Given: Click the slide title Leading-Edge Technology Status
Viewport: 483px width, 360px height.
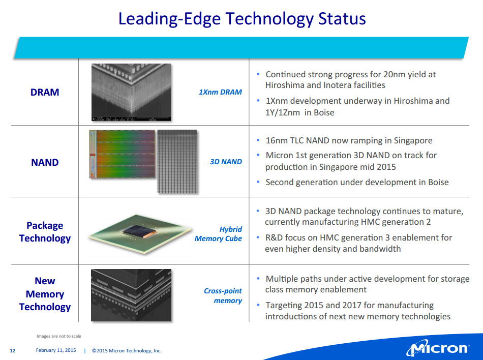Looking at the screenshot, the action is point(242,19).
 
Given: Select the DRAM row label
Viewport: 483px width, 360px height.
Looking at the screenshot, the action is point(45,92).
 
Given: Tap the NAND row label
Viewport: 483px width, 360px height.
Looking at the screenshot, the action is point(45,162).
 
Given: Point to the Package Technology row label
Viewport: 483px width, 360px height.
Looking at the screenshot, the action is point(45,232).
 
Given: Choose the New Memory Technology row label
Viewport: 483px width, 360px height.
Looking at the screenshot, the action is point(45,294).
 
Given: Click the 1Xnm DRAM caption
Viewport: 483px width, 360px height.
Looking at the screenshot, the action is point(220,92).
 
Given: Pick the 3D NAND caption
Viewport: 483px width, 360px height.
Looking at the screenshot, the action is point(226,162).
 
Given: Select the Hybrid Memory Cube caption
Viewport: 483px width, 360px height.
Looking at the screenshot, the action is point(219,234).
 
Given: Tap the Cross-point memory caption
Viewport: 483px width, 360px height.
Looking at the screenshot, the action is point(223,295).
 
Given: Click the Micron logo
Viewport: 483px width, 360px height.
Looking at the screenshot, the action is point(438,348).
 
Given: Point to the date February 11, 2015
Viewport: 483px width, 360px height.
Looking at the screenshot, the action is point(56,350).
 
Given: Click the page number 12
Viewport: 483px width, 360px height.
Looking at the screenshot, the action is point(13,350).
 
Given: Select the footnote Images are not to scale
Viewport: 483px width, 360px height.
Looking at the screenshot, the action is point(59,336).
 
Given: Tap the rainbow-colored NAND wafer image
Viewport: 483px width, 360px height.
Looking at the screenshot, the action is point(123,154).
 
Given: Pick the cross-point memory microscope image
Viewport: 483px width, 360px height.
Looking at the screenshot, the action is point(131,295).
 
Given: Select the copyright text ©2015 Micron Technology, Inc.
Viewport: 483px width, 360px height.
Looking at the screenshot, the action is point(127,350).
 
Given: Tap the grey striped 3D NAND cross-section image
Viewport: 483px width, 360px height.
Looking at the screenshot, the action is point(177,161).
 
